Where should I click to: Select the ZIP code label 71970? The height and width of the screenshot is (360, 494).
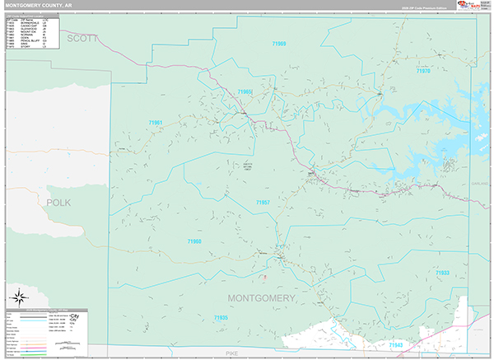(422, 72)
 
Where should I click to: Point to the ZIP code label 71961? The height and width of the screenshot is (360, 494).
(156, 123)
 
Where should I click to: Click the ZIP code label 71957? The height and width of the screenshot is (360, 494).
(263, 202)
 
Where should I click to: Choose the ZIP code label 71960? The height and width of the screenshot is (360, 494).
(194, 241)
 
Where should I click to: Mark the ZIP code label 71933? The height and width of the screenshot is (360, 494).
(442, 273)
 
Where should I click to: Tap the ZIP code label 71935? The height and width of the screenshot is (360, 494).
(221, 318)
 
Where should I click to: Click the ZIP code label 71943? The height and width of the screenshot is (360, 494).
(396, 345)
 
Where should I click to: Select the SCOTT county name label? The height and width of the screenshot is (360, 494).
(82, 38)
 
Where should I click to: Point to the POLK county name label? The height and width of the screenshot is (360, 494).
(59, 202)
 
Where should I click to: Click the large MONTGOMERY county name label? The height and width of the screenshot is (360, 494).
(260, 297)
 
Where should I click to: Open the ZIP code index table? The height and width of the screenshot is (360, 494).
(31, 32)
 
